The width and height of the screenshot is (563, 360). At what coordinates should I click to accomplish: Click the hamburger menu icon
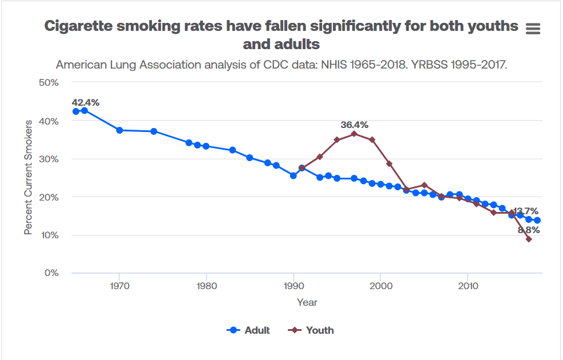(532, 29)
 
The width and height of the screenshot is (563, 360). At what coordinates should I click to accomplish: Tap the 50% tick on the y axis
(49, 82)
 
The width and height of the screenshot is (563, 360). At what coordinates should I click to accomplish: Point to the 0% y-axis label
(52, 273)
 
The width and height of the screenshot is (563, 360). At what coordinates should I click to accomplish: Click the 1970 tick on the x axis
(119, 285)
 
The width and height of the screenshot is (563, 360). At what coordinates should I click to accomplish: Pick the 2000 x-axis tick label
(380, 285)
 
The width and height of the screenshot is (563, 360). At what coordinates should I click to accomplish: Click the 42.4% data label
(86, 102)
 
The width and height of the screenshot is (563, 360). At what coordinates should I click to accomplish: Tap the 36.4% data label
(354, 125)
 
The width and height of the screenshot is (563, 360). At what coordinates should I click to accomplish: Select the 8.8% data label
(529, 230)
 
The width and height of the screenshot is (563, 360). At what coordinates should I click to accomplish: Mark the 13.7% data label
(525, 211)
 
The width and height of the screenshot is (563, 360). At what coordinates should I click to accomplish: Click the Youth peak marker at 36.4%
(354, 134)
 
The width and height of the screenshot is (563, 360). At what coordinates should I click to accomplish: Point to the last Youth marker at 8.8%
(529, 239)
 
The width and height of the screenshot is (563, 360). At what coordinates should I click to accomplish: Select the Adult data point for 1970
(119, 130)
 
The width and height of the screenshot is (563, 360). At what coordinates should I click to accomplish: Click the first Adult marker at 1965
(76, 111)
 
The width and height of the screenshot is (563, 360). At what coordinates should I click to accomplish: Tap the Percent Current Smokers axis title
(29, 177)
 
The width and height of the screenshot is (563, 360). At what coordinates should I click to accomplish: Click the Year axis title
(307, 302)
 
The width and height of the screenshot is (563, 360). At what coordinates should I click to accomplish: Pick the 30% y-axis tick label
(49, 159)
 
